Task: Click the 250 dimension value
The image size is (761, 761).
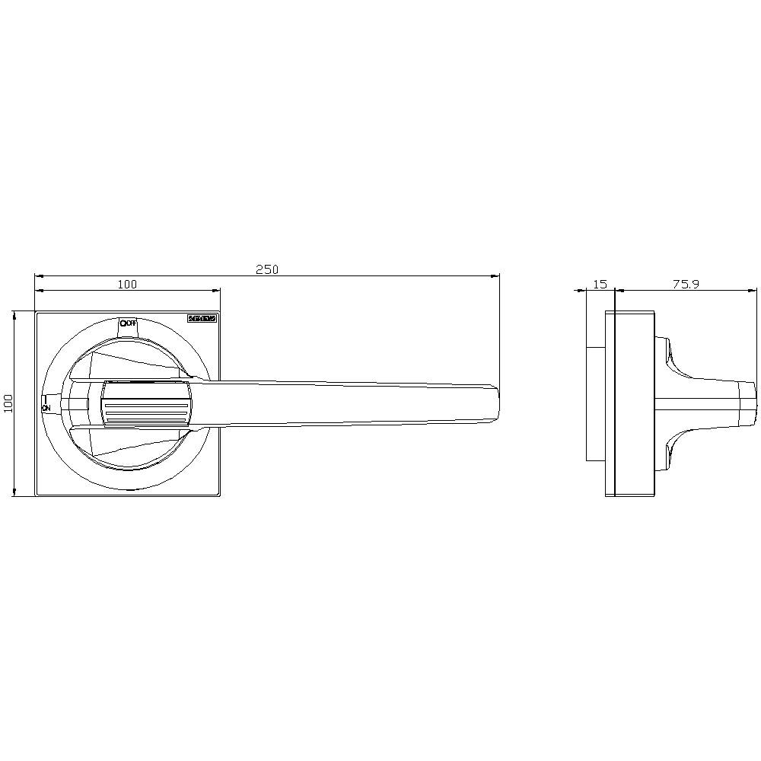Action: coord(267,269)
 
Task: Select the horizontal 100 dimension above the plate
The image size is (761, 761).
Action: coord(127,284)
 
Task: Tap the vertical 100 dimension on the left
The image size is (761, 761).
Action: coord(8,403)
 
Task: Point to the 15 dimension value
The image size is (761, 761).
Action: coord(600,284)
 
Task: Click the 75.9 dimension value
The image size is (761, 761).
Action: coord(686,284)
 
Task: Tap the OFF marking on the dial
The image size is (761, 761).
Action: coord(128,323)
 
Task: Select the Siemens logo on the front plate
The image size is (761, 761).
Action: coord(202,319)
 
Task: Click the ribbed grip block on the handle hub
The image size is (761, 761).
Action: coord(145,403)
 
